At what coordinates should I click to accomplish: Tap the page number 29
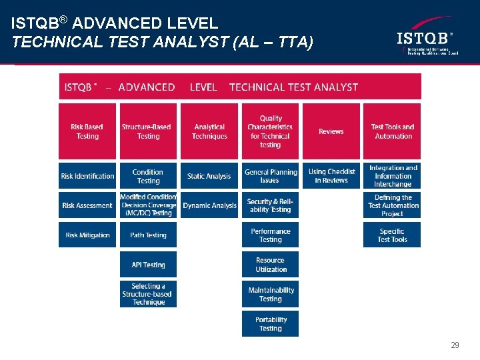pyautogui.click(x=455, y=345)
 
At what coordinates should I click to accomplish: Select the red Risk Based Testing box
pyautogui.click(x=87, y=131)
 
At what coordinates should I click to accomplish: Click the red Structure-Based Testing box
pyautogui.click(x=148, y=131)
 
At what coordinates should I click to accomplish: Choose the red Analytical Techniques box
pyautogui.click(x=209, y=131)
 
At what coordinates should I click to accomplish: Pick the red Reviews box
pyautogui.click(x=331, y=131)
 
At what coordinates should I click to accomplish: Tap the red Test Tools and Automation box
pyautogui.click(x=392, y=131)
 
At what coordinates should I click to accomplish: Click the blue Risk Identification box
pyautogui.click(x=87, y=176)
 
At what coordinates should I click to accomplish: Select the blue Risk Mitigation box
pyautogui.click(x=87, y=235)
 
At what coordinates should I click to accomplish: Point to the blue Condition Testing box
pyautogui.click(x=148, y=176)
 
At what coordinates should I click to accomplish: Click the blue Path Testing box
pyautogui.click(x=148, y=235)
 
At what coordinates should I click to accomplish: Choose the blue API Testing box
pyautogui.click(x=148, y=265)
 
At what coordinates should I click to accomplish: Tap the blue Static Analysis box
pyautogui.click(x=209, y=176)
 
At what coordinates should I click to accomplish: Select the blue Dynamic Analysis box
pyautogui.click(x=209, y=205)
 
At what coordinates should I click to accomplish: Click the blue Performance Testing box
pyautogui.click(x=270, y=235)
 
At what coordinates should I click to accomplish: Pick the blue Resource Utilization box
pyautogui.click(x=270, y=265)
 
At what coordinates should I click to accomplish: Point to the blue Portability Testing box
pyautogui.click(x=270, y=324)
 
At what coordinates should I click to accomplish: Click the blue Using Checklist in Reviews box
pyautogui.click(x=331, y=176)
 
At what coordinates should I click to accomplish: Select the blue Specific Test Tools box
pyautogui.click(x=392, y=235)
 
